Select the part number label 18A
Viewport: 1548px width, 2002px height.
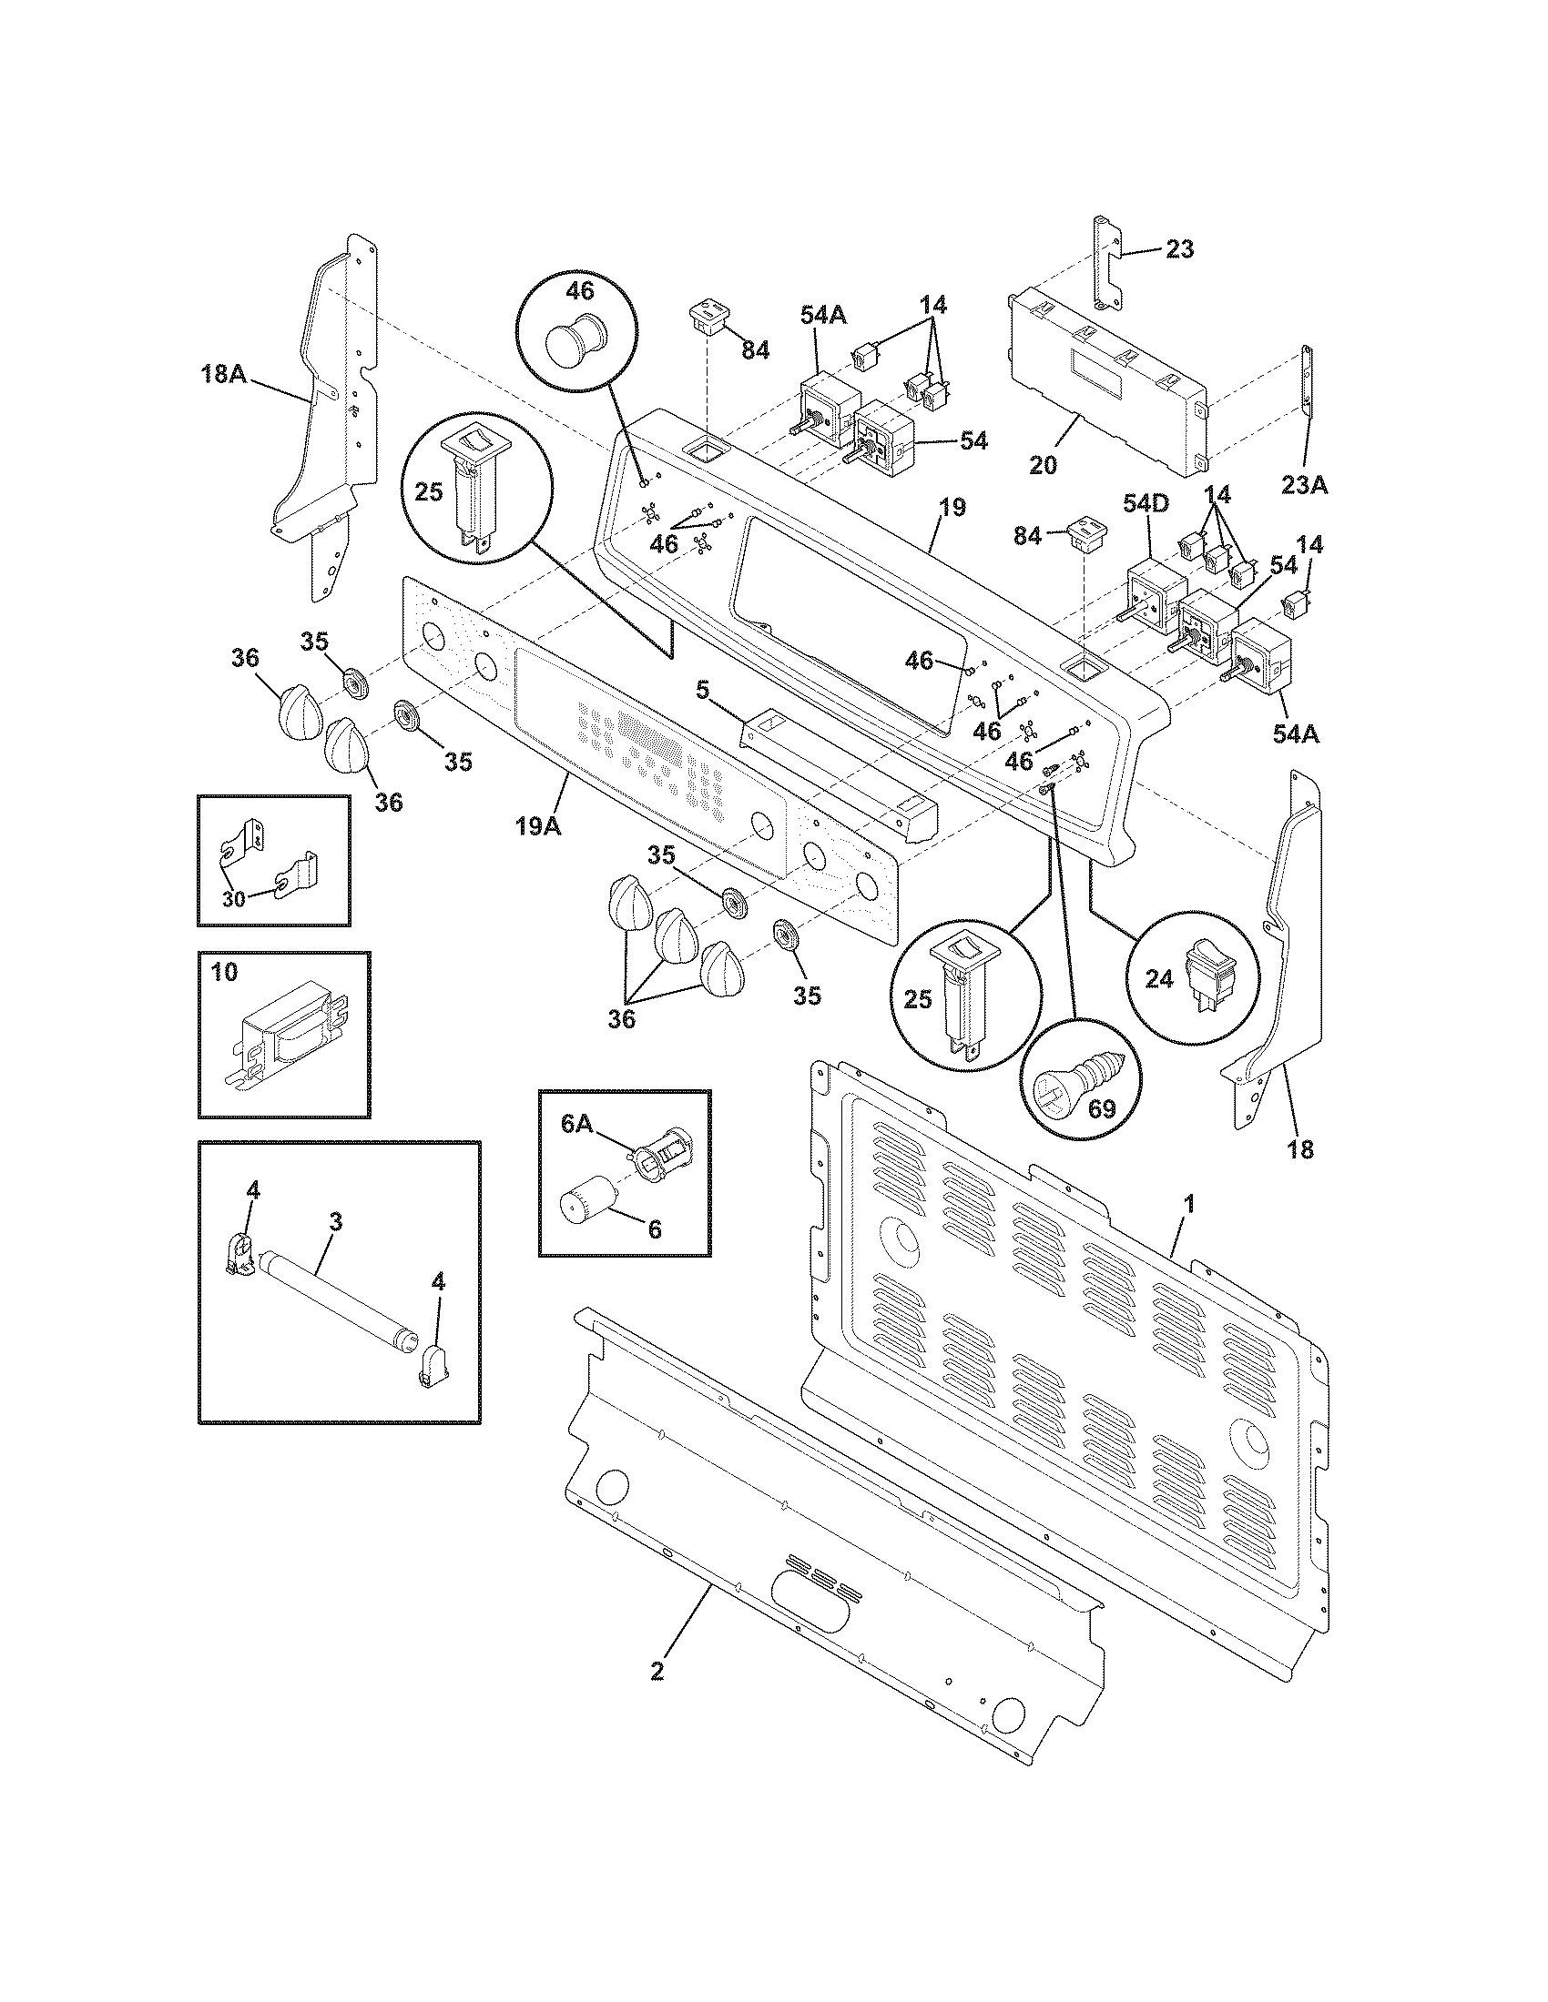pos(224,373)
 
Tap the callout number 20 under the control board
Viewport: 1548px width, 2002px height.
pos(1043,465)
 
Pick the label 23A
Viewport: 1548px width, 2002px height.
pos(1304,484)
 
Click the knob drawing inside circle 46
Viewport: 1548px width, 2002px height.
pos(570,340)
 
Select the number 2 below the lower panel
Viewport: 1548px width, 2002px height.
pos(657,1670)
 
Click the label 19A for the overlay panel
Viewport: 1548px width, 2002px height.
pos(537,825)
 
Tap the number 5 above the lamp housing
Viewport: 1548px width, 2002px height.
pos(701,691)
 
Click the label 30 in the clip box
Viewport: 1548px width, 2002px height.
pos(234,898)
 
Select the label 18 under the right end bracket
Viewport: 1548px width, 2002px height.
pos(1300,1148)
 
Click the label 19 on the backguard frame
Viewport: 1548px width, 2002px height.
pos(952,507)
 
